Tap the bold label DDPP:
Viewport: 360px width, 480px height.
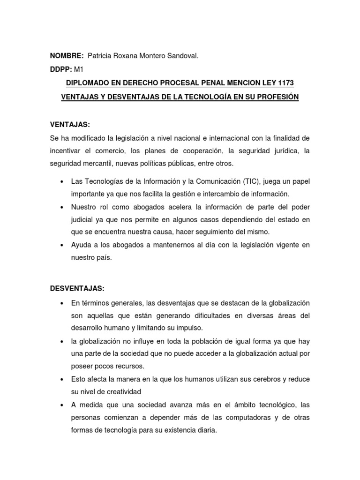61,69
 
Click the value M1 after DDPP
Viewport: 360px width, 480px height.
79,69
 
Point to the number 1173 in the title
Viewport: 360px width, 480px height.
284,83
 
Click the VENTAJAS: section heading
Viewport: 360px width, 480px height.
70,125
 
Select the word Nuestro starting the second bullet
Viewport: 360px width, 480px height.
84,207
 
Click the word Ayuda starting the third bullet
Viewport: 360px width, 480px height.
80,245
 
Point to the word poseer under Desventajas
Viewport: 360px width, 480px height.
82,366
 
